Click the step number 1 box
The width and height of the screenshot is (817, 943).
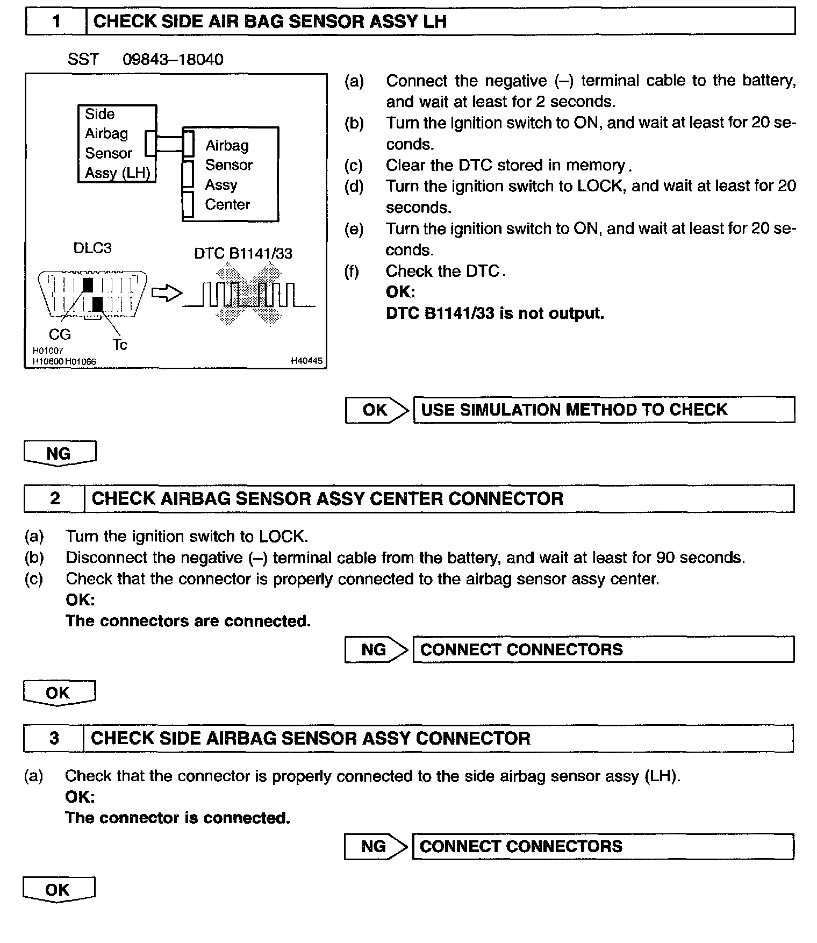point(56,22)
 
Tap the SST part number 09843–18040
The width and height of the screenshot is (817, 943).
point(173,59)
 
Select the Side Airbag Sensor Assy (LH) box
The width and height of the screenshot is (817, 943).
point(117,144)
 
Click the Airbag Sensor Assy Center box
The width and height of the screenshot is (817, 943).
point(231,174)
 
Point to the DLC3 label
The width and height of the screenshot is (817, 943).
point(92,248)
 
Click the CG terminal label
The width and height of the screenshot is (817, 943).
point(60,334)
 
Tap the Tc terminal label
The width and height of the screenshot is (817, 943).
point(120,345)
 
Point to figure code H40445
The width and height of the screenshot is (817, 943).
point(306,361)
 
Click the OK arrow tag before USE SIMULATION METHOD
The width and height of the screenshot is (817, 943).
point(376,410)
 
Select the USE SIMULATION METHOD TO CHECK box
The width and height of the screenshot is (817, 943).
point(603,410)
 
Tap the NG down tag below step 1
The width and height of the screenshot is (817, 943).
point(60,453)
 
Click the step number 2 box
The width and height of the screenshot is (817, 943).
point(55,498)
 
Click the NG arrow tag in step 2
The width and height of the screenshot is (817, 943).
point(376,649)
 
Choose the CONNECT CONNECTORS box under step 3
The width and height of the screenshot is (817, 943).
point(602,846)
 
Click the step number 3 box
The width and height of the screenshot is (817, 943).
point(54,738)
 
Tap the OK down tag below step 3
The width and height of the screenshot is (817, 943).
point(59,890)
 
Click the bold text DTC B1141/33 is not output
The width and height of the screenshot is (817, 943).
point(494,313)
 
